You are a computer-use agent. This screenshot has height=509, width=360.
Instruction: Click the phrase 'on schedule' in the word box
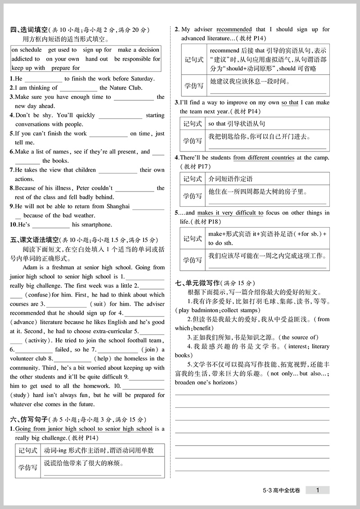27,50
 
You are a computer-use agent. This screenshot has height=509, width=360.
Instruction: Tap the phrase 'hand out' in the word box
97,59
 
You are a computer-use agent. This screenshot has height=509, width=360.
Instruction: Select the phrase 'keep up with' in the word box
28,68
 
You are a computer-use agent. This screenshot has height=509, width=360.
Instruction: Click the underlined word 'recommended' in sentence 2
234,30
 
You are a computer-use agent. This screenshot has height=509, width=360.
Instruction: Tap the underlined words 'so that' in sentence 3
290,103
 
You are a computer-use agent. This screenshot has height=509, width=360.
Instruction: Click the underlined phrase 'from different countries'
264,158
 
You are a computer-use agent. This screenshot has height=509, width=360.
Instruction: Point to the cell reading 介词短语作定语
230,179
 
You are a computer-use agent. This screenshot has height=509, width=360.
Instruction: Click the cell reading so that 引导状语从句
237,124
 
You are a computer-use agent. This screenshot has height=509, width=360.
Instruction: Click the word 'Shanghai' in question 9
118,206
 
